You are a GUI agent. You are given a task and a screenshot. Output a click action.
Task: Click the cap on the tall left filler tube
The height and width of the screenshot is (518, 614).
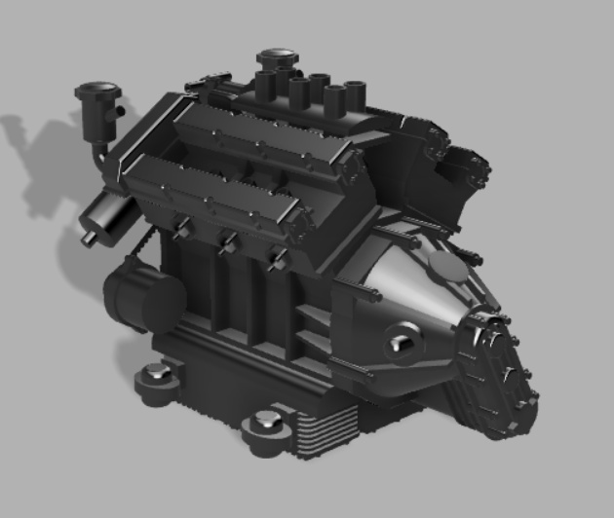click(x=97, y=91)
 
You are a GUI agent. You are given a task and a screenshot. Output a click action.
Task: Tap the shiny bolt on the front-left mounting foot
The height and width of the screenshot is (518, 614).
click(x=156, y=371)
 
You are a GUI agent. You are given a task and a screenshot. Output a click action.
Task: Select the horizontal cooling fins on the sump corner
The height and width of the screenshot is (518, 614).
click(x=322, y=433)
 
